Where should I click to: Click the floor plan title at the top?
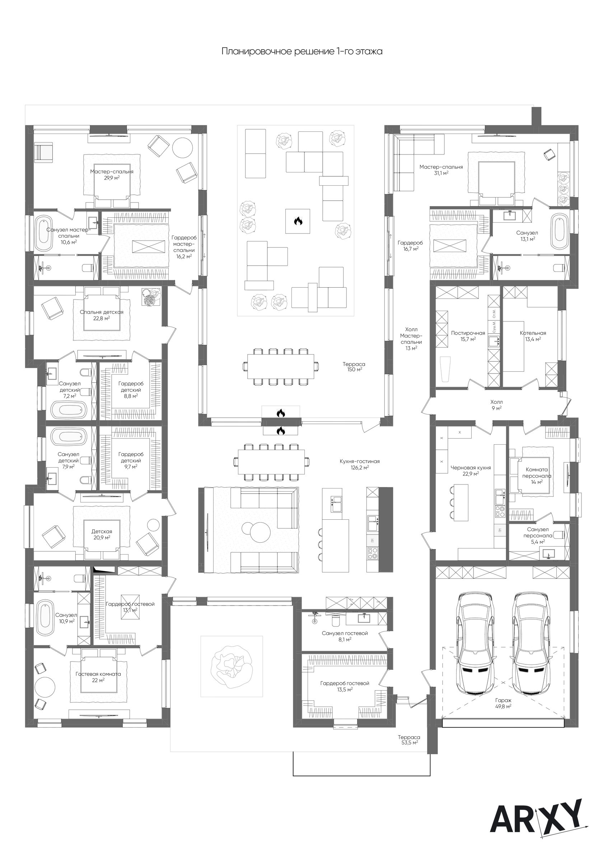click(302, 51)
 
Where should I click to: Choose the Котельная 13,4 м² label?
click(533, 336)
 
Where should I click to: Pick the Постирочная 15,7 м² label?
click(468, 336)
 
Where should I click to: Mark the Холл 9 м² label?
click(496, 404)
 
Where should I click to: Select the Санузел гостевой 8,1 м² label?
click(345, 636)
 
